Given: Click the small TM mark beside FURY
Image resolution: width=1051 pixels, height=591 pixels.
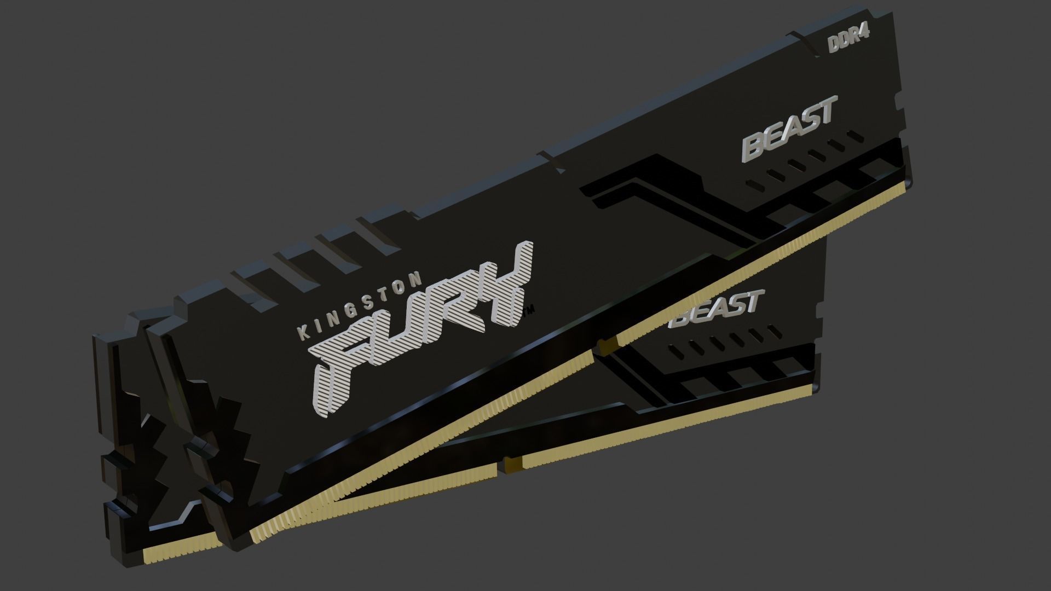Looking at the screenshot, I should (530, 312).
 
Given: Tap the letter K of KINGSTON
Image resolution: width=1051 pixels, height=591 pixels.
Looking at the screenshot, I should (302, 332).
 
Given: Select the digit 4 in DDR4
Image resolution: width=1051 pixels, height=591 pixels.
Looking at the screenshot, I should (864, 36).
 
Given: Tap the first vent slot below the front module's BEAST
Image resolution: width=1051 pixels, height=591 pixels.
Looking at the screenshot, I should (756, 183).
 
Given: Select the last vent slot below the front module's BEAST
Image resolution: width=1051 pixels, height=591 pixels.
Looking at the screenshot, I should (854, 135).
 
